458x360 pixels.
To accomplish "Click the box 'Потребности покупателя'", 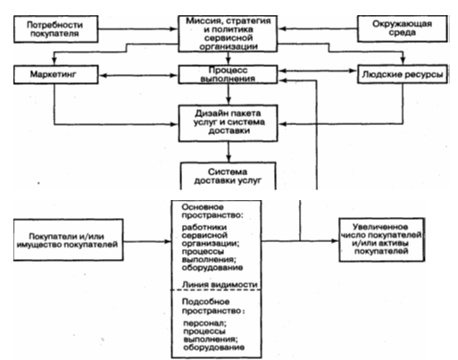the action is coord(56,29).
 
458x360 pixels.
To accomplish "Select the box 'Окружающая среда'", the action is coord(403,29).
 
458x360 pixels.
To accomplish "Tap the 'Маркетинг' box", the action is coord(56,74).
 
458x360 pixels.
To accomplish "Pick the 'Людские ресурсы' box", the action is coord(403,74).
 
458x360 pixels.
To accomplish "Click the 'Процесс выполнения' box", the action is coord(228,74).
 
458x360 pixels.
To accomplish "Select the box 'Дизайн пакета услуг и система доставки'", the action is coord(228,123).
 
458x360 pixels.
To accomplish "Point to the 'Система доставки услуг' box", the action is coord(229,176).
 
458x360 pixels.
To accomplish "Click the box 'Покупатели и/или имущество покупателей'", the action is coord(69,240).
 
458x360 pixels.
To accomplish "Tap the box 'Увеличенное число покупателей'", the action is coord(382,239).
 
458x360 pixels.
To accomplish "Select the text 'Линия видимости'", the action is coord(220,285).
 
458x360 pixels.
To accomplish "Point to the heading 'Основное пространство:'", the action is coord(212,211).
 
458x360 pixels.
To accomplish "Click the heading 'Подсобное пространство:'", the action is coord(213,306).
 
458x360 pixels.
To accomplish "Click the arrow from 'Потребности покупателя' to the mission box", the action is coord(138,29).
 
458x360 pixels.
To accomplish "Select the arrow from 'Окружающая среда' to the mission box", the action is coord(318,29).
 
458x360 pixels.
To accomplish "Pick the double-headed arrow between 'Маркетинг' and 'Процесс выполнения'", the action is coord(138,76).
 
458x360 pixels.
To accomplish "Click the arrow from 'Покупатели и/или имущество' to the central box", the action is coord(147,241).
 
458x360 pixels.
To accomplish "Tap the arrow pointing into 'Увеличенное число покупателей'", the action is coord(300,241).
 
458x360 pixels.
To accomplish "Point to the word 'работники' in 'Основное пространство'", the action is coord(204,227).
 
